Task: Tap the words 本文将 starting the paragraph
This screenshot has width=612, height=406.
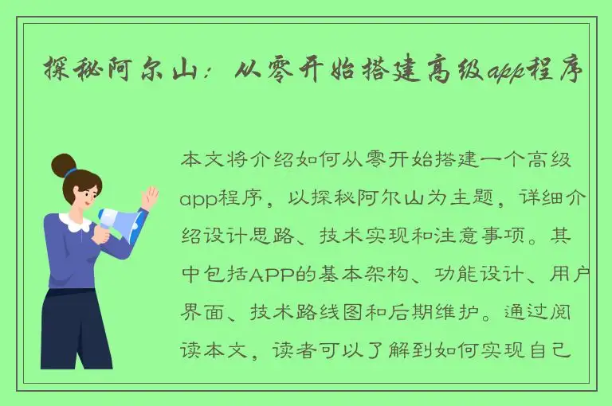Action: (210, 159)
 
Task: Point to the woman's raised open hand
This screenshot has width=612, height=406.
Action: (148, 196)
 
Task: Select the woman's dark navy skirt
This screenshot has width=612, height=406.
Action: (76, 326)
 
